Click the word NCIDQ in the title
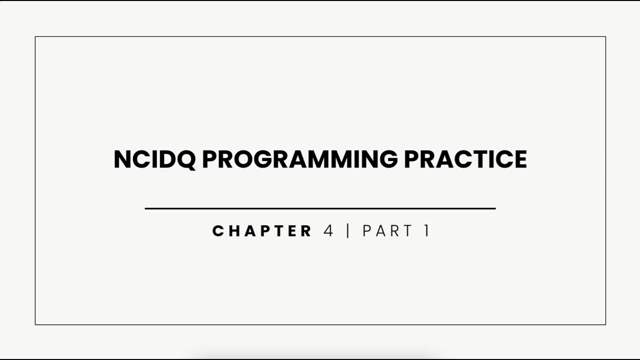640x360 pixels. pyautogui.click(x=154, y=159)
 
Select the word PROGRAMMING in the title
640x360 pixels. pyautogui.click(x=299, y=159)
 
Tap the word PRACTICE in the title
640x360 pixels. pyautogui.click(x=465, y=159)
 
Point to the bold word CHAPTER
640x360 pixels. pyautogui.click(x=262, y=231)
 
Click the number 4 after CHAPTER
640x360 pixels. pyautogui.click(x=328, y=231)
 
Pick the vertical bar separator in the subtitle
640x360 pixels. pyautogui.click(x=348, y=231)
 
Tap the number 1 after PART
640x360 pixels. pyautogui.click(x=426, y=231)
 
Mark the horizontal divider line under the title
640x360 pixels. pyautogui.click(x=320, y=208)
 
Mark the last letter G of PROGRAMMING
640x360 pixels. pyautogui.click(x=386, y=159)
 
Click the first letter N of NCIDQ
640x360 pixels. pyautogui.click(x=122, y=159)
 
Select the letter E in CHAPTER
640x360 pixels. pyautogui.click(x=291, y=231)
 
